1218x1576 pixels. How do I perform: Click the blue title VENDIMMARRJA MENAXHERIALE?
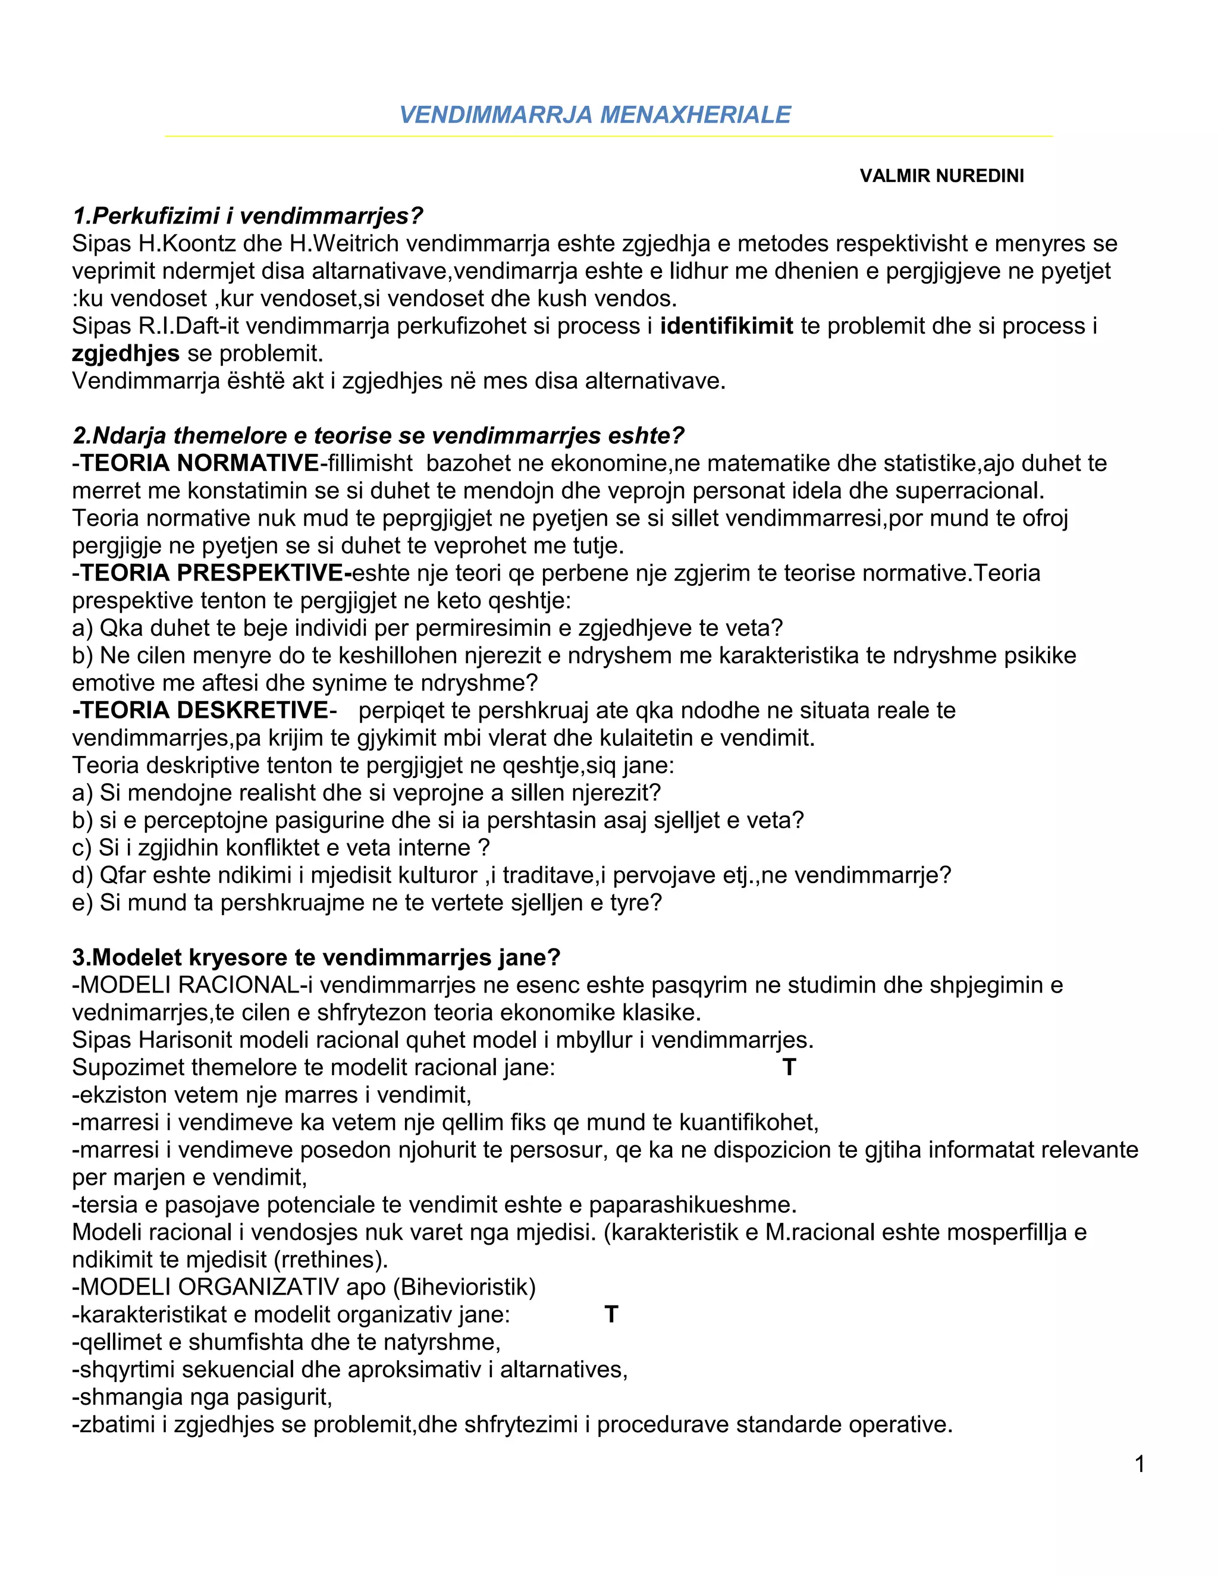(x=595, y=115)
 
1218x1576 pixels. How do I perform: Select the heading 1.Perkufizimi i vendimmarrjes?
(x=247, y=216)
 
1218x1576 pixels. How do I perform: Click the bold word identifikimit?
(x=726, y=326)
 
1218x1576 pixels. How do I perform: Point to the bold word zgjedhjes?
(x=125, y=354)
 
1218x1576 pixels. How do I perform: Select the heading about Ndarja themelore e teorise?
(x=378, y=436)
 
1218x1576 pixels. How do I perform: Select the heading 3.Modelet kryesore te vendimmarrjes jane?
(x=316, y=957)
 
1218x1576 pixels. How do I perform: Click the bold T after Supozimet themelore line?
(x=789, y=1068)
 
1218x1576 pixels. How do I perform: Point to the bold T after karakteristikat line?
(x=611, y=1314)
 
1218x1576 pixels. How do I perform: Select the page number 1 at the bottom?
(x=1139, y=1464)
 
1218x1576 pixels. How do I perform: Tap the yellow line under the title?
(x=608, y=136)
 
